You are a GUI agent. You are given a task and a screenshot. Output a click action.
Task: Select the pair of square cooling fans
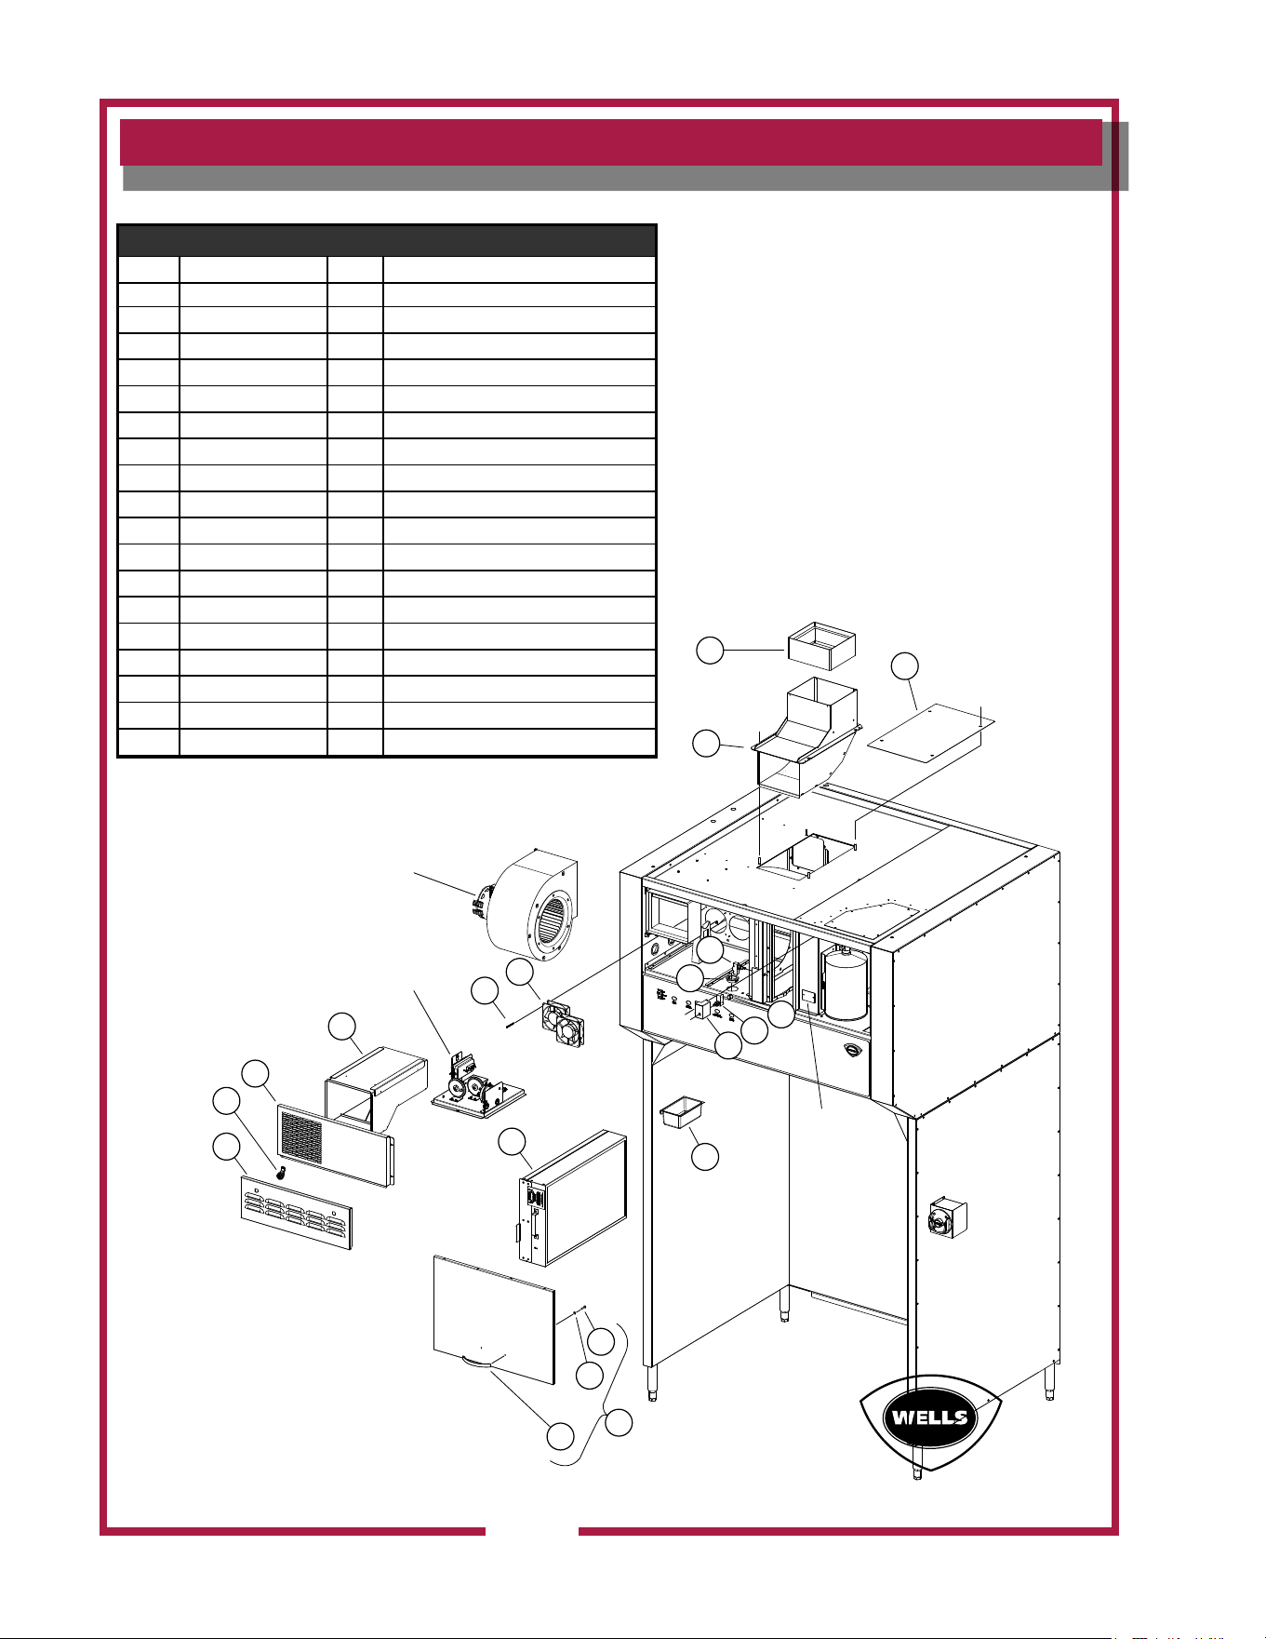click(x=566, y=1024)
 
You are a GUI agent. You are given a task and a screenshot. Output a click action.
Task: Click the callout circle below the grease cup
click(x=706, y=1157)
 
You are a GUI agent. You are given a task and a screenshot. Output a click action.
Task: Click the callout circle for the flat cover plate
click(x=904, y=666)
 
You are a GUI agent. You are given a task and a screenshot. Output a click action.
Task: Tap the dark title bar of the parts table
click(x=387, y=240)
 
